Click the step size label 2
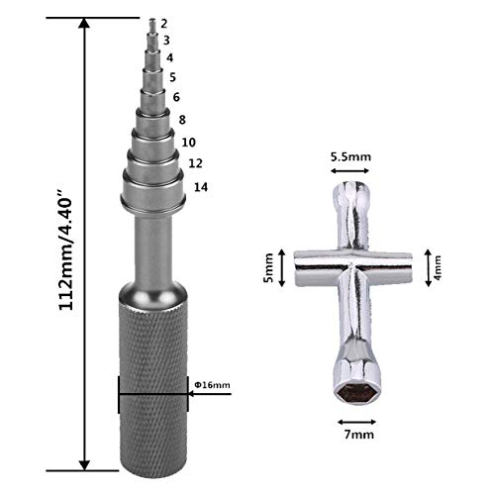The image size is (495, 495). click(x=164, y=24)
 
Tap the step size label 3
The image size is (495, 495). click(x=166, y=41)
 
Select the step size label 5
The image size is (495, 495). click(x=173, y=77)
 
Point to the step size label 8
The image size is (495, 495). click(x=182, y=120)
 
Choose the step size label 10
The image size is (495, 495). click(x=189, y=143)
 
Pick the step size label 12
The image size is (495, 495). click(x=195, y=163)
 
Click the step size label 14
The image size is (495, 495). click(x=201, y=187)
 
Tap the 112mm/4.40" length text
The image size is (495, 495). click(x=66, y=249)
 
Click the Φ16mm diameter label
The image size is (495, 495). click(x=212, y=385)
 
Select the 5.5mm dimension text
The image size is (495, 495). click(x=350, y=156)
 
